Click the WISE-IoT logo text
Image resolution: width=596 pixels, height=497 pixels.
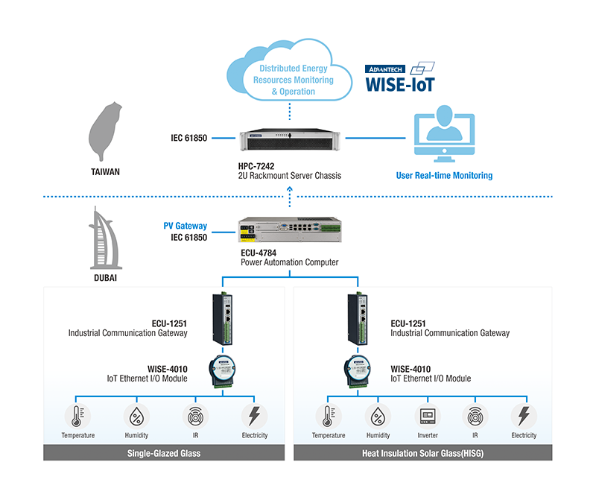(x=399, y=83)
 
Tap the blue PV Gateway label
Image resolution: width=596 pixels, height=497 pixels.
(x=186, y=226)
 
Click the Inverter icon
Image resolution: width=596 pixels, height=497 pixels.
(x=428, y=416)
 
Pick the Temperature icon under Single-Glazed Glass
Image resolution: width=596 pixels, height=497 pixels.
(x=77, y=416)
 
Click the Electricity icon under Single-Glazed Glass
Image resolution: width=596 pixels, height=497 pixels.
(x=255, y=416)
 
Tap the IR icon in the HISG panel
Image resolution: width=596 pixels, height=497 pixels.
(x=475, y=416)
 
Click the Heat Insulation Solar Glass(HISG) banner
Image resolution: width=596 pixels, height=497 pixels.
(x=423, y=453)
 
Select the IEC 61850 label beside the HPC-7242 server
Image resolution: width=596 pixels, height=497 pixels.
(x=188, y=138)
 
